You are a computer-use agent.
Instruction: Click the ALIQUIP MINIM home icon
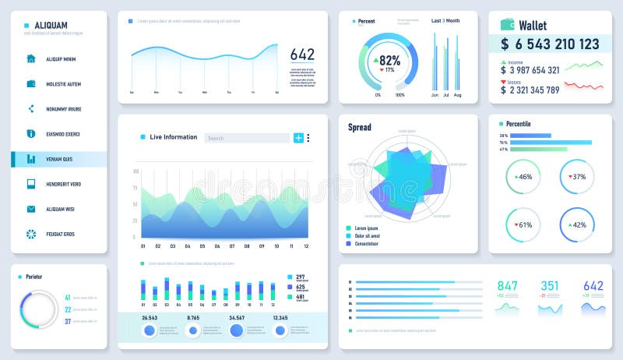[31, 58]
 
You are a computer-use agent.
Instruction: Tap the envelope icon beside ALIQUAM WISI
[31, 209]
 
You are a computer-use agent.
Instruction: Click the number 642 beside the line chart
[302, 55]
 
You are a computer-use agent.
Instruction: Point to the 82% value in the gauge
[389, 60]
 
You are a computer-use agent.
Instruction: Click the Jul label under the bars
[445, 95]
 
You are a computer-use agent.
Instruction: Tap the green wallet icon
[507, 25]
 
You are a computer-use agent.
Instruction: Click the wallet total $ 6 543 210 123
[550, 44]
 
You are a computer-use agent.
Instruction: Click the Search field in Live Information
[246, 138]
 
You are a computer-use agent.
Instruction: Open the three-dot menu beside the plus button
[308, 138]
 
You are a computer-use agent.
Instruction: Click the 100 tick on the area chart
[136, 171]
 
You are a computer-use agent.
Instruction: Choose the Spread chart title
[360, 127]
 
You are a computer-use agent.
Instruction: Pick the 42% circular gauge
[577, 225]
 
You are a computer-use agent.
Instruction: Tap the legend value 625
[301, 287]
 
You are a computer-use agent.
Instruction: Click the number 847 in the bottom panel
[507, 286]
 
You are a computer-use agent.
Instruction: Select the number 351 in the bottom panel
[550, 286]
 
